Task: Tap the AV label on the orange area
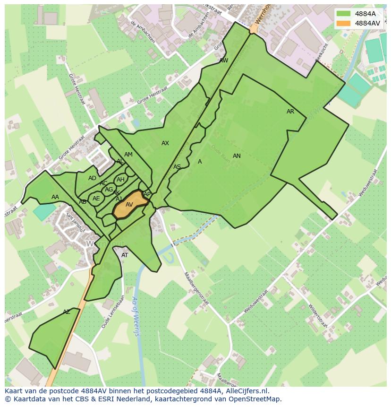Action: [x=129, y=205]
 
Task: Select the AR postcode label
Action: [x=290, y=112]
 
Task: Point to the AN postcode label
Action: [x=237, y=156]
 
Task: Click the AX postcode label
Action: [x=165, y=143]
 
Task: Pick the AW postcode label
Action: [x=224, y=61]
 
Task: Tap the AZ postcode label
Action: [x=67, y=312]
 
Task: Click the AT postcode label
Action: [x=125, y=255]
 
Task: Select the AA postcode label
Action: [x=55, y=197]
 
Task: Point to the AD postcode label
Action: [x=92, y=178]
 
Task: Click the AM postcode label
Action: [x=128, y=155]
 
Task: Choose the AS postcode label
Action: [x=177, y=167]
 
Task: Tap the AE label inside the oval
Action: [x=96, y=199]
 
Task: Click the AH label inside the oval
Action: [x=120, y=180]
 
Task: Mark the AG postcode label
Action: [x=109, y=190]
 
